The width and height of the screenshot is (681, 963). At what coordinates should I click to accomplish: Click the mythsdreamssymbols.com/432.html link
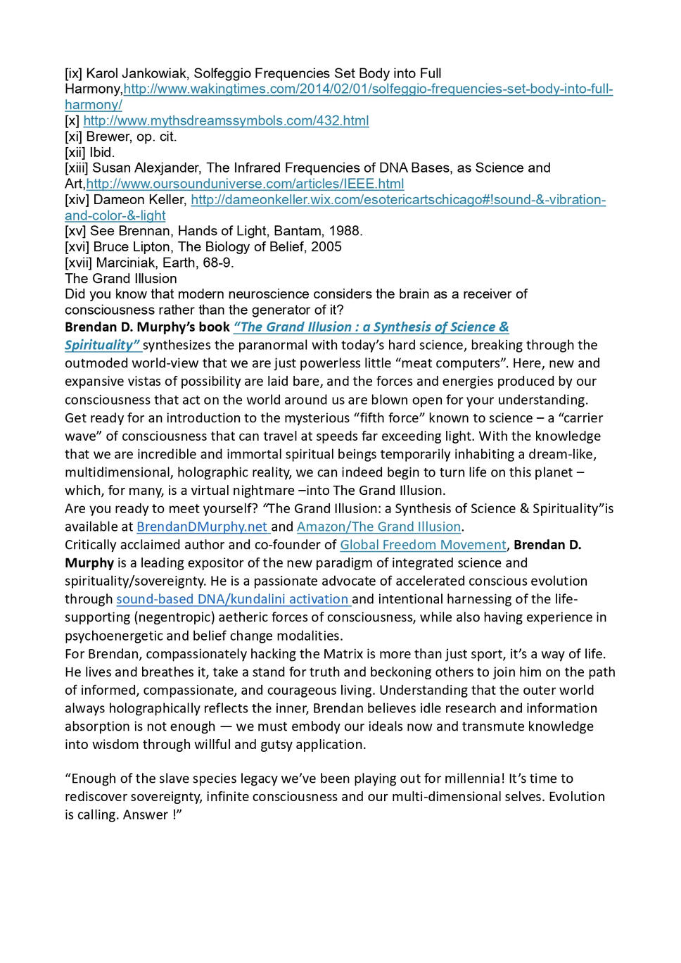pos(226,120)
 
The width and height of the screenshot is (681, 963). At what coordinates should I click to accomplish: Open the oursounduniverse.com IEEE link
pos(245,184)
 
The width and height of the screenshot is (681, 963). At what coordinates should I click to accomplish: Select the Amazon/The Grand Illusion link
pos(378,527)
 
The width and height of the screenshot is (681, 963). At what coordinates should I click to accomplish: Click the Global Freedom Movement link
pos(423,545)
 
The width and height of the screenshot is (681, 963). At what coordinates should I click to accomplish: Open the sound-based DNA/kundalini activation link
pos(232,599)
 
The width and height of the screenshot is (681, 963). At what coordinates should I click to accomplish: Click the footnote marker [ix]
pos(74,73)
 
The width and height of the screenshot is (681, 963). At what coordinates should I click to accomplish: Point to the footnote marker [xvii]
pos(79,263)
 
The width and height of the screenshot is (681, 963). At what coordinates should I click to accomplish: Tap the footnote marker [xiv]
pos(77,199)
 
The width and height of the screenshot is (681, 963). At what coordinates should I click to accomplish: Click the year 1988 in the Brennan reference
pos(347,231)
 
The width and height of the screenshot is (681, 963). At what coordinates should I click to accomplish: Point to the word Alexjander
pos(167,168)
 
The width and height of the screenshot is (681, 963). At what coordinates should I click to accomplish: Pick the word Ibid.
pos(102,152)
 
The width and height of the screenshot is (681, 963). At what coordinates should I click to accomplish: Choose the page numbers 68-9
pos(214,263)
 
